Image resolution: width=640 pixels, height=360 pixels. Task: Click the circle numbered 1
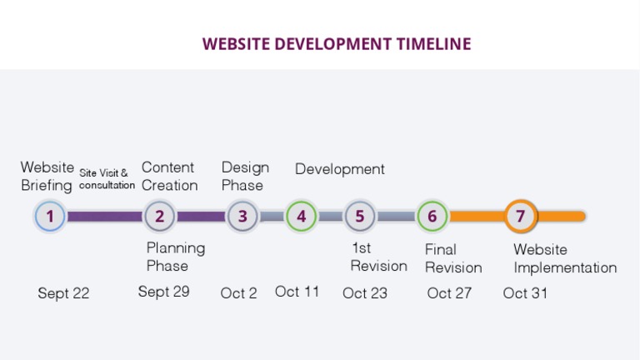[50, 216]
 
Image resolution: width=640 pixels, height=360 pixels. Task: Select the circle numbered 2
[159, 216]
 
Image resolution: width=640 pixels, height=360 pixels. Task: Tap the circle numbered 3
[242, 216]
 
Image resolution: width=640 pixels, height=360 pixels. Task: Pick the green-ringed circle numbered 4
[301, 216]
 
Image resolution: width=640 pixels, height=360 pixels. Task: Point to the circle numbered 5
[359, 216]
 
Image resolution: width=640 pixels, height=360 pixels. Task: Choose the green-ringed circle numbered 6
[432, 216]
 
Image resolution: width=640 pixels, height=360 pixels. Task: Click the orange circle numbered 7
[520, 216]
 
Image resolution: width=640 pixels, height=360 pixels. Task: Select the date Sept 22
[63, 293]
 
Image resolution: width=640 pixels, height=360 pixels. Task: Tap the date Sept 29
[163, 292]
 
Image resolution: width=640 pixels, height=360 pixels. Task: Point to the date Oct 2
[239, 293]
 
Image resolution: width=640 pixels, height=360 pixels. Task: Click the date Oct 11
[297, 292]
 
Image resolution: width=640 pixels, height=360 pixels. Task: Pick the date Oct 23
[365, 293]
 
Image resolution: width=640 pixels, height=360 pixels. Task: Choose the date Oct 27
[449, 293]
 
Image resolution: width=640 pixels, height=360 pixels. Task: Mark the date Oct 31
[525, 293]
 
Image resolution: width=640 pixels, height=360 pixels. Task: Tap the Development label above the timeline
[340, 169]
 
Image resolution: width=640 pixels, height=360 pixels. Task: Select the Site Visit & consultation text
[107, 179]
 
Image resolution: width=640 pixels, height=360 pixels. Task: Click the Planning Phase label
[176, 257]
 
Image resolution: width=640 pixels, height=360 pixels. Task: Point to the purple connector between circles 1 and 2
[104, 217]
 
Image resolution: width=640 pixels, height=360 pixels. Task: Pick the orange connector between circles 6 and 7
[477, 217]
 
